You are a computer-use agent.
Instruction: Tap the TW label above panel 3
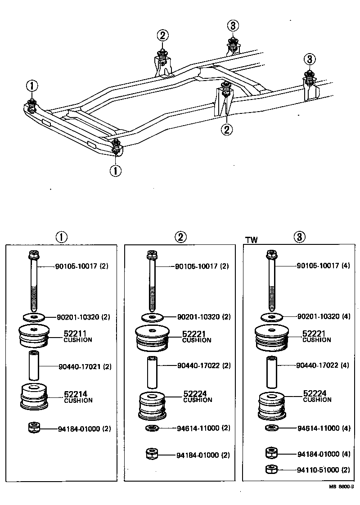point(252,240)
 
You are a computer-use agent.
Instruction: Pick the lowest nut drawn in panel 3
point(270,469)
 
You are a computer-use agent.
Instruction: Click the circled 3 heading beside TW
point(300,237)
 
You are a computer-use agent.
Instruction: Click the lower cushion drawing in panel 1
point(35,397)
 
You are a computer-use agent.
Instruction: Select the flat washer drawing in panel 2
point(152,317)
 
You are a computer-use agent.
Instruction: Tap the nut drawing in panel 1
point(34,428)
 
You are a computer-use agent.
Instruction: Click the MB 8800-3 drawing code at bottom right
point(342,487)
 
